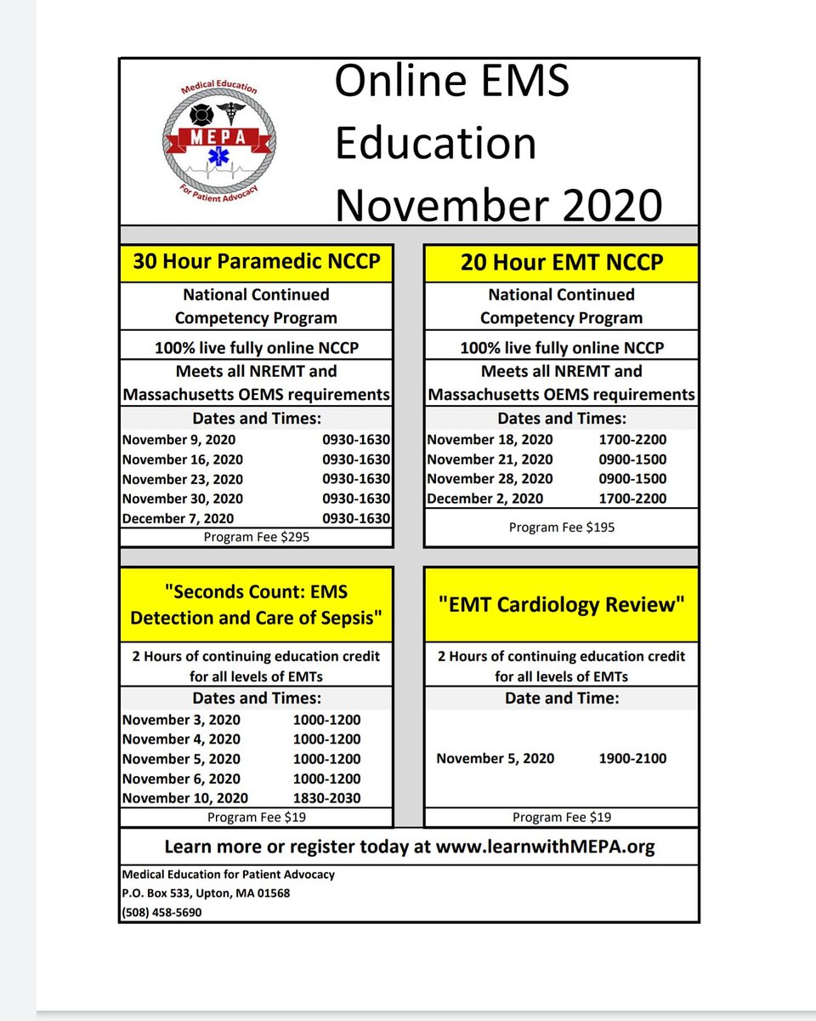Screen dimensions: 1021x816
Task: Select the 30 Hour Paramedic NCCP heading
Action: coord(256,262)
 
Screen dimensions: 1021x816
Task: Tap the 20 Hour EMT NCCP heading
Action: coord(561,262)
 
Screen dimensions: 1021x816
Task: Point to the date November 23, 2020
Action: coord(183,479)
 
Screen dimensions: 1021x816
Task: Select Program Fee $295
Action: coord(256,538)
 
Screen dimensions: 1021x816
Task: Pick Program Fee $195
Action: coord(561,528)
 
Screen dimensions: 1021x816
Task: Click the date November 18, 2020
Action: coord(490,440)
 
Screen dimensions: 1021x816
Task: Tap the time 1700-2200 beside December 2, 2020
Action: coord(632,499)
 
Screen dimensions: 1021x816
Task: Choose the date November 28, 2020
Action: coord(490,479)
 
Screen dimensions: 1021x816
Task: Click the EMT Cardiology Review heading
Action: coord(561,605)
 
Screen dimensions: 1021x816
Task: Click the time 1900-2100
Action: coord(632,758)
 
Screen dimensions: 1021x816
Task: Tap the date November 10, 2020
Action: coord(185,798)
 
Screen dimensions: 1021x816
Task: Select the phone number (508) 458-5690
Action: coord(162,912)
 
